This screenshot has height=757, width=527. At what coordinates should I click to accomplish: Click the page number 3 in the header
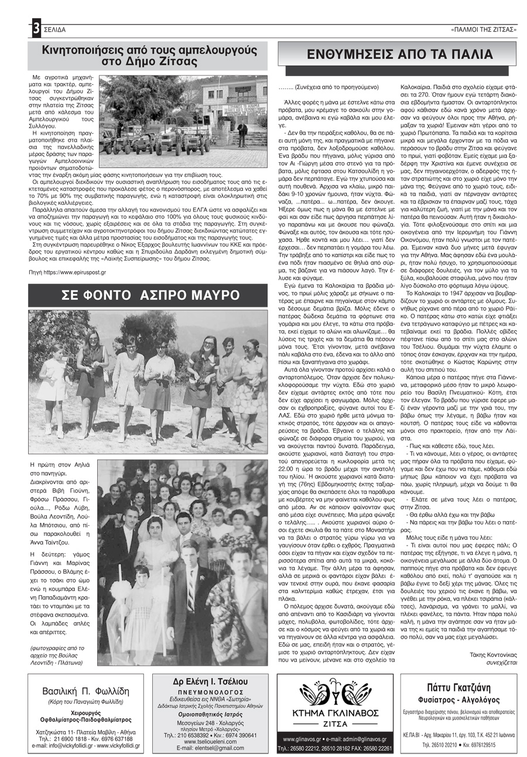pos(36,28)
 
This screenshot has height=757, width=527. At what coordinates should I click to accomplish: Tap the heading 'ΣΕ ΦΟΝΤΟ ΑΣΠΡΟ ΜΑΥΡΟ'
pos(148,296)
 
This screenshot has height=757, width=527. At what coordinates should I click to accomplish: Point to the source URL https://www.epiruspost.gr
pos(67,272)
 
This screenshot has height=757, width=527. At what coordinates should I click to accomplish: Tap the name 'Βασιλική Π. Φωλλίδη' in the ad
pos(86,691)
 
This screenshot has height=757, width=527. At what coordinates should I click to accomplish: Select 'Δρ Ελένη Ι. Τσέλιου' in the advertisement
pos(210,683)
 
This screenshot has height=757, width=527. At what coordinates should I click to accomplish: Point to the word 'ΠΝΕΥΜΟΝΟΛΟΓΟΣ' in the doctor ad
pos(210,692)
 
